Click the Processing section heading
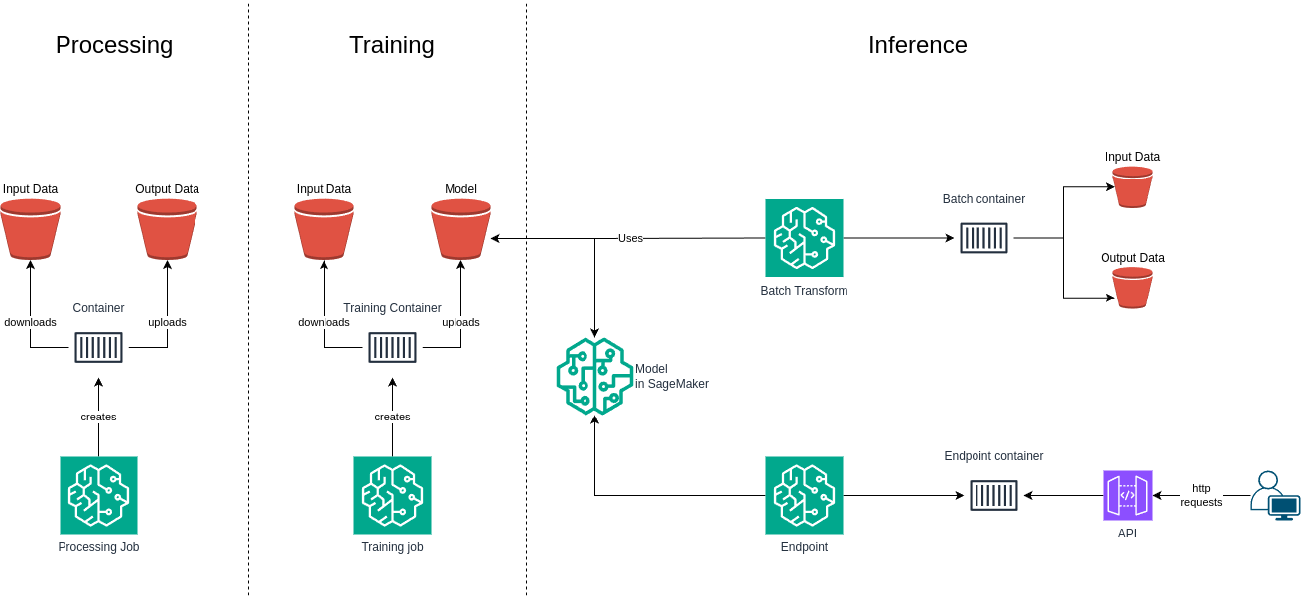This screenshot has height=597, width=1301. click(114, 45)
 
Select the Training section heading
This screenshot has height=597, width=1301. click(391, 45)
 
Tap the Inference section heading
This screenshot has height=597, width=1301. click(917, 45)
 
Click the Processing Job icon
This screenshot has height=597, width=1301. click(98, 495)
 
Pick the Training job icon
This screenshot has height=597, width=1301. click(392, 495)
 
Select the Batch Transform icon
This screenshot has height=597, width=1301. click(804, 238)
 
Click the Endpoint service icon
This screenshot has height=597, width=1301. click(804, 495)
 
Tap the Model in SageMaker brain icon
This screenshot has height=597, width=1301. click(594, 376)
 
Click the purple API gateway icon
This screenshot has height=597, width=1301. click(1127, 495)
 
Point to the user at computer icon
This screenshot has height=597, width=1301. click(1274, 495)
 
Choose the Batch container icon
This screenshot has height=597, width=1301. click(983, 238)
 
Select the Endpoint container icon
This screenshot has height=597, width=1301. click(993, 495)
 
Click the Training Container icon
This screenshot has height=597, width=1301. click(392, 347)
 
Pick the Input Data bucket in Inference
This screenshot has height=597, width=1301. click(1132, 186)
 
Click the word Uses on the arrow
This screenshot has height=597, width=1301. click(630, 238)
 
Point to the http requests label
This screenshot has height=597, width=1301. click(1201, 495)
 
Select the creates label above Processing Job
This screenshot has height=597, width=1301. click(98, 417)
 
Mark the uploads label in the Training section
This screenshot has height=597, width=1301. click(460, 322)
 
